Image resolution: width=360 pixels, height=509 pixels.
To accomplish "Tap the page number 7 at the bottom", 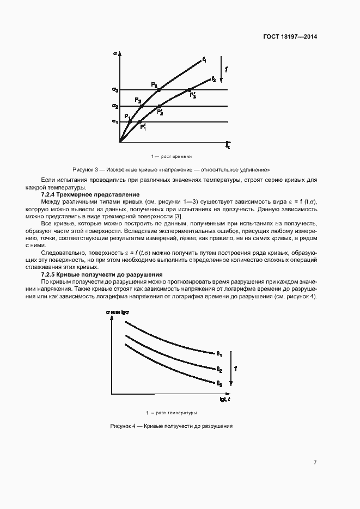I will pyautogui.click(x=315, y=462).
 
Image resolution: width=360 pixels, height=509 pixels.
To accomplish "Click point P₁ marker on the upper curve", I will pyautogui.click(x=130, y=120).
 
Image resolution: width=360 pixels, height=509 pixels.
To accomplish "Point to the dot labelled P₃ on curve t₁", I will pyautogui.click(x=158, y=89).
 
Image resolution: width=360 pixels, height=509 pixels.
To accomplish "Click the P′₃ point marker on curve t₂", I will pyautogui.click(x=189, y=89).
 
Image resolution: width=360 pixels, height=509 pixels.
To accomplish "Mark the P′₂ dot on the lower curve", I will pyautogui.click(x=160, y=106).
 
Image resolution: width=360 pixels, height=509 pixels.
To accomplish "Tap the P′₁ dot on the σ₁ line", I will pyautogui.click(x=140, y=121).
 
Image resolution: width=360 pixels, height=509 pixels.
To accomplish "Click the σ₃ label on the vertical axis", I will pyautogui.click(x=115, y=89).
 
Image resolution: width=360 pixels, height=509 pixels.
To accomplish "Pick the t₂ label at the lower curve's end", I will pyautogui.click(x=213, y=80).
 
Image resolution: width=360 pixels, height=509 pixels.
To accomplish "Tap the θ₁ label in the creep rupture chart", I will pyautogui.click(x=219, y=354).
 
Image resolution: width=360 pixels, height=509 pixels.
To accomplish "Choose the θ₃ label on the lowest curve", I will pyautogui.click(x=219, y=384).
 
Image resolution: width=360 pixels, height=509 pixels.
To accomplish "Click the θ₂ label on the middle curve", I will pyautogui.click(x=219, y=369).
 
